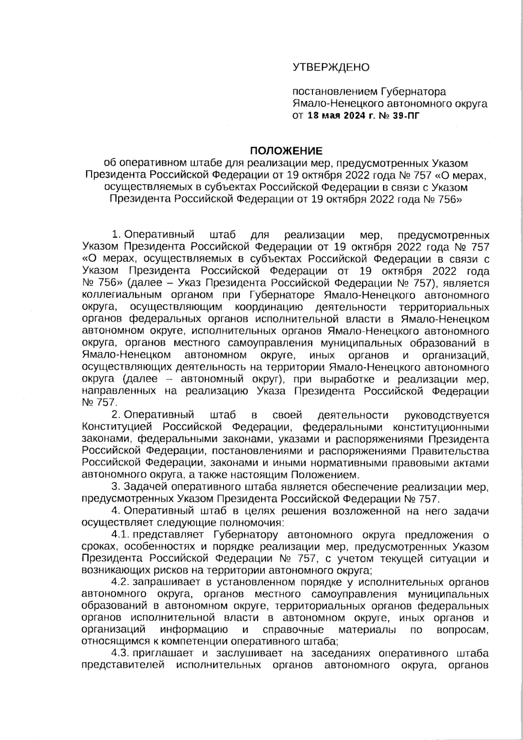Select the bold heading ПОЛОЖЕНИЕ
click(286, 151)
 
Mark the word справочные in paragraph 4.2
click(293, 630)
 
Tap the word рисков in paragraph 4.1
click(144, 570)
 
